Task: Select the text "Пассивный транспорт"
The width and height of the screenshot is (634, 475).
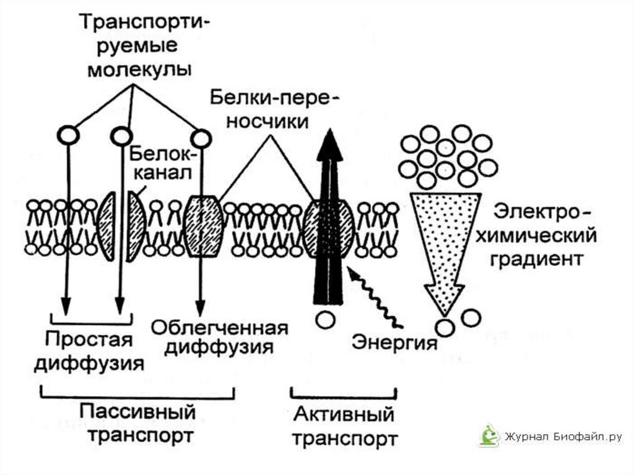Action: click(137, 422)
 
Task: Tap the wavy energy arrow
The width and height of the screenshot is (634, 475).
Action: click(374, 297)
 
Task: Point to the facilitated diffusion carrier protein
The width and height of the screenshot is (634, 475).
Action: click(204, 226)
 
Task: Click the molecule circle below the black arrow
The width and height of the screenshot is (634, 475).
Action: click(325, 320)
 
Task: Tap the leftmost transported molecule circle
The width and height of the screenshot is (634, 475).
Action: click(68, 134)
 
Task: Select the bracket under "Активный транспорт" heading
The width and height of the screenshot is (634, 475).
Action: click(344, 394)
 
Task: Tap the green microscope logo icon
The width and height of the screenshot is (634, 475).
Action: click(489, 436)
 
